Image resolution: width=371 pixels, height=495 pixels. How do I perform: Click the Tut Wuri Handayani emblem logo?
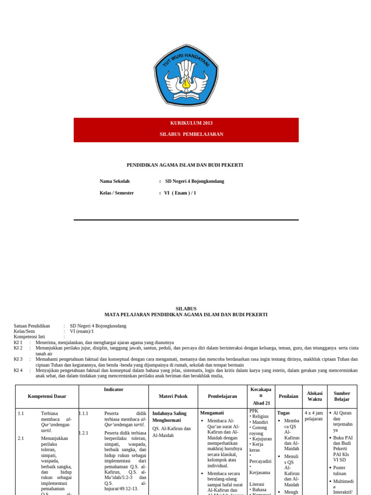click(x=186, y=75)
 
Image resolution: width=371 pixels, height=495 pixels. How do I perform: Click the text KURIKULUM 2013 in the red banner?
click(x=191, y=123)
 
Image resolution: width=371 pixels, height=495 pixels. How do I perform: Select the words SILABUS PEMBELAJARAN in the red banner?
click(x=191, y=134)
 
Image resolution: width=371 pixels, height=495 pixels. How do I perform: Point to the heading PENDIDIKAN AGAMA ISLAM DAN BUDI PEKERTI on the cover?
click(x=185, y=165)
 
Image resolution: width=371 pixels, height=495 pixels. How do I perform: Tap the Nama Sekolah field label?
click(x=114, y=181)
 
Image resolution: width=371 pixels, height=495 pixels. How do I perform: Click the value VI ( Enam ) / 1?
click(x=180, y=193)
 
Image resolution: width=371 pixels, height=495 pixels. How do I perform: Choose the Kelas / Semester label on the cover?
click(x=116, y=193)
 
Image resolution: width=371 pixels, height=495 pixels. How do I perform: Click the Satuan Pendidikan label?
click(x=32, y=326)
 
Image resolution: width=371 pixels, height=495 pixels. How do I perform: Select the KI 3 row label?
click(x=18, y=359)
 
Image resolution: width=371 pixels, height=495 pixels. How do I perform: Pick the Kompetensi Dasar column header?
click(x=47, y=396)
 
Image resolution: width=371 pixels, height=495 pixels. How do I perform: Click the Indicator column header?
click(x=114, y=390)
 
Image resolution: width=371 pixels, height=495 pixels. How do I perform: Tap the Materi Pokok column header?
click(x=173, y=396)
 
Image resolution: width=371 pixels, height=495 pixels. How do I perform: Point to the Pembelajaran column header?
click(x=222, y=396)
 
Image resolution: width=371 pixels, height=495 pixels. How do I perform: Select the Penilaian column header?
click(x=288, y=396)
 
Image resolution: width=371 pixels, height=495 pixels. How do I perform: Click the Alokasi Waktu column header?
click(x=314, y=396)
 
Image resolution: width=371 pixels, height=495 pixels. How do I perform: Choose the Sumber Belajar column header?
click(x=342, y=396)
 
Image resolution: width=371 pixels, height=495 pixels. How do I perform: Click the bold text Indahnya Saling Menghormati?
click(x=170, y=417)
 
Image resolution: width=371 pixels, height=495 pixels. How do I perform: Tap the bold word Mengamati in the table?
click(x=212, y=413)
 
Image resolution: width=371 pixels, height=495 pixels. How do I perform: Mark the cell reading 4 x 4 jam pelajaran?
click(x=314, y=416)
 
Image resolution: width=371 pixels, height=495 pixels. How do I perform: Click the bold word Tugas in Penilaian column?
click(x=284, y=413)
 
